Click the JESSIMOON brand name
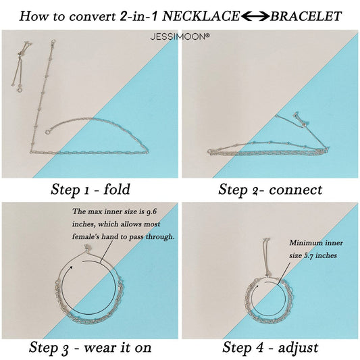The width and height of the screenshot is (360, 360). (180, 31)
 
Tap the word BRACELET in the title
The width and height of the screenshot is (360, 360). (305, 14)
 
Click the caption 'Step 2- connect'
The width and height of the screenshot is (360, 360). (270, 188)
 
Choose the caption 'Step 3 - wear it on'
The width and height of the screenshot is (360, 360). (89, 349)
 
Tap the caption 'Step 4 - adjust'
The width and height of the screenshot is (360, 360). (270, 349)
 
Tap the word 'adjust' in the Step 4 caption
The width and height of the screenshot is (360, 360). (299, 349)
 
